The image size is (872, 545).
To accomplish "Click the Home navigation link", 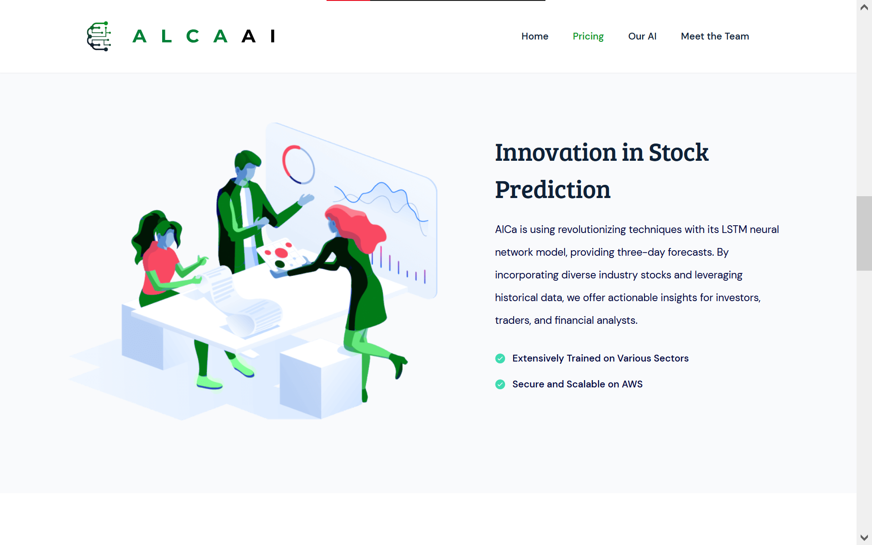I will [535, 36].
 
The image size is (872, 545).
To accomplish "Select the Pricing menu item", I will [588, 36].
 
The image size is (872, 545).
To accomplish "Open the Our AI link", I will [642, 36].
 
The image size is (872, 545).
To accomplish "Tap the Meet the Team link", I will [714, 36].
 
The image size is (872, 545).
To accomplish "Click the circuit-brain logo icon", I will [99, 36].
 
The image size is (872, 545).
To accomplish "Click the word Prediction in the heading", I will [552, 190].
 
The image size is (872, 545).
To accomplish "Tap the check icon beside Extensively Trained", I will [500, 359].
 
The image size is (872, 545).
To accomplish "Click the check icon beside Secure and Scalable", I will [500, 385].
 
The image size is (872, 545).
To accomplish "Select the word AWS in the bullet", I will [632, 384].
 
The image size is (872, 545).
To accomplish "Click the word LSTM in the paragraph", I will [734, 230].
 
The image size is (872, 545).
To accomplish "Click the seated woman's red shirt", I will [159, 270].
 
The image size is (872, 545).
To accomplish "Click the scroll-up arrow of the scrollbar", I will [864, 7].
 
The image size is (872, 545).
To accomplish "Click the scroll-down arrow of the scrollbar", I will [864, 538].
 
